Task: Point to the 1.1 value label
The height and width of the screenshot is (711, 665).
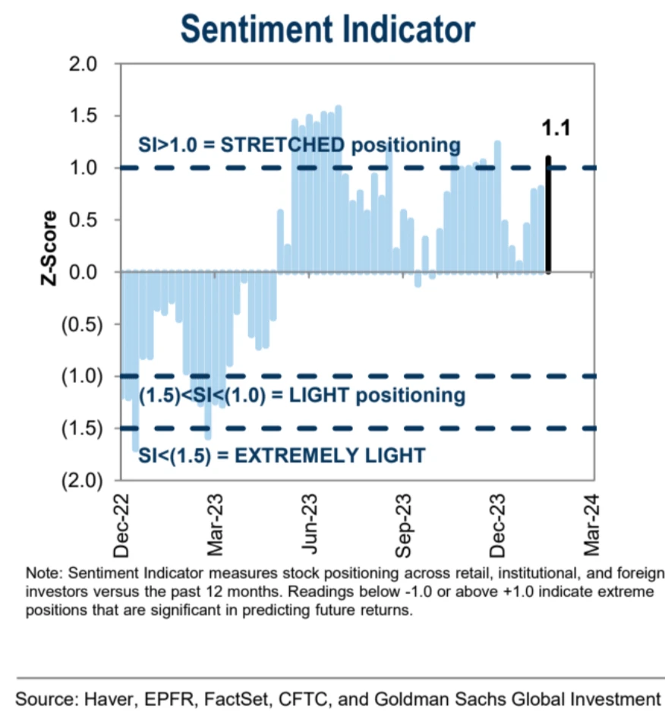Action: coord(555,128)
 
